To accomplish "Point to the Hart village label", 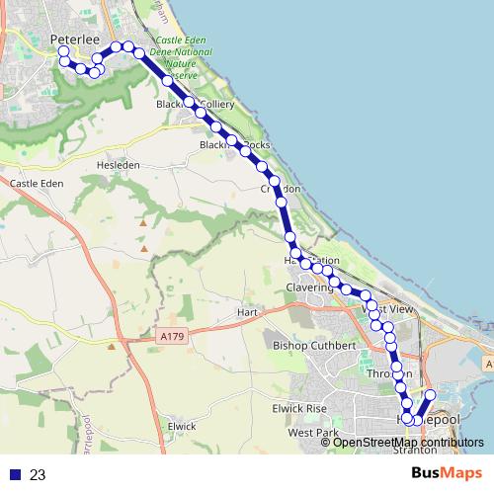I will (x=247, y=312).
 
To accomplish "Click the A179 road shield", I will (x=172, y=336).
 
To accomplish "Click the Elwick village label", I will (x=183, y=426).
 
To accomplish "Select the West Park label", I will (x=313, y=434).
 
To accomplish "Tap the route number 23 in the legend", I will (x=38, y=474).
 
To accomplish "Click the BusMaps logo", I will (x=447, y=473).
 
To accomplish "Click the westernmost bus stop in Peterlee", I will (x=64, y=50).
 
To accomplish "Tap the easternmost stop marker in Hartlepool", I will (x=430, y=395).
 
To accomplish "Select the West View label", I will (x=388, y=309).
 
